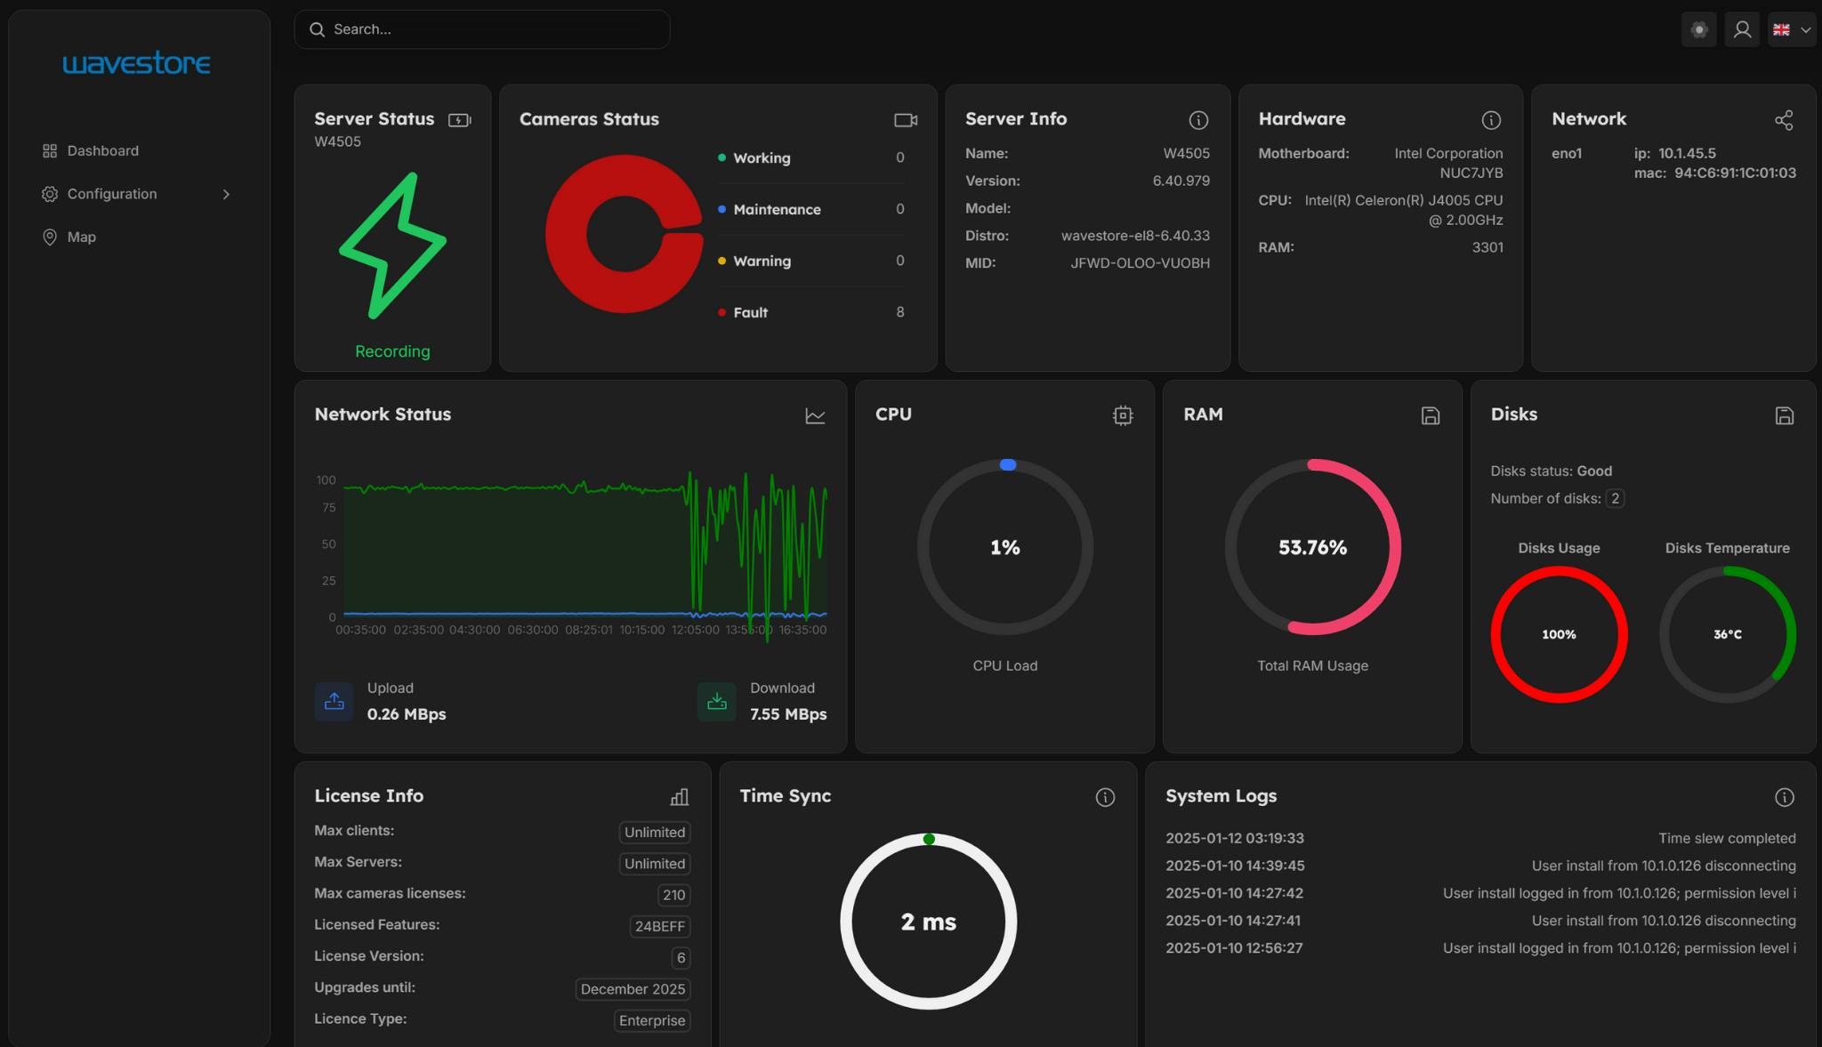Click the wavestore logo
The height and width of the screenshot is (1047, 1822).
click(136, 63)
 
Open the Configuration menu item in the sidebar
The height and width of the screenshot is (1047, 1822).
click(112, 194)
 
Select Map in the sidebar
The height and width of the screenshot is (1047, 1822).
click(81, 237)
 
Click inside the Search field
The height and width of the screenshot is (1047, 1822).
click(489, 29)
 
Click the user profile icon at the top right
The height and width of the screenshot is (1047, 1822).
click(1742, 29)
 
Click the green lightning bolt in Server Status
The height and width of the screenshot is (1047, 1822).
click(392, 246)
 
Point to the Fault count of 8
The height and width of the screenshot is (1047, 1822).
click(899, 312)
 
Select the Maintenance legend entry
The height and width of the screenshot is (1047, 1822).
click(776, 210)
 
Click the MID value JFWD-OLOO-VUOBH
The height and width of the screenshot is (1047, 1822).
click(1140, 263)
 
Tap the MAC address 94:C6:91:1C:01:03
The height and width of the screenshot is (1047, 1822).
click(1735, 173)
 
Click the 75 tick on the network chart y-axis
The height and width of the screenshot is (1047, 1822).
click(329, 508)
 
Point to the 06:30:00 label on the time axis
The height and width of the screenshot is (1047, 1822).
click(532, 630)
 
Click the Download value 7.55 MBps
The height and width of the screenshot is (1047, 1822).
click(787, 714)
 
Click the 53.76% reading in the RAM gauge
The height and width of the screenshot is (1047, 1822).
click(1312, 548)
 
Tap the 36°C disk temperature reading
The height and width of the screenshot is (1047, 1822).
click(1727, 634)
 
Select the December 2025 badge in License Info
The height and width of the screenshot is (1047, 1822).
click(633, 989)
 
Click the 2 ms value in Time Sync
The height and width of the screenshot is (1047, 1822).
click(928, 922)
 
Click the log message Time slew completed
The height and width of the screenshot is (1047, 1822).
click(1726, 839)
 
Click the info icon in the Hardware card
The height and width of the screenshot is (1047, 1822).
click(1491, 120)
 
